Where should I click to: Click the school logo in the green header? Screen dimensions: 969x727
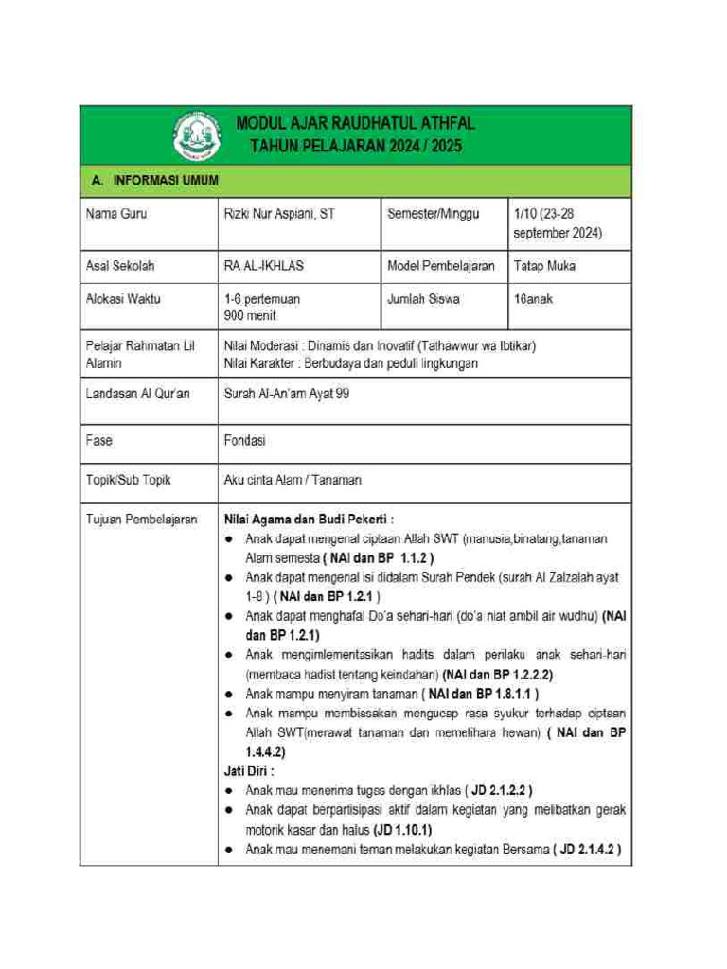pyautogui.click(x=196, y=136)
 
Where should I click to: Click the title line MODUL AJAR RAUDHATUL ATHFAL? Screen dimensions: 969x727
pyautogui.click(x=355, y=124)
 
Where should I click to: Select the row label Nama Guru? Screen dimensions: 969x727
pyautogui.click(x=115, y=214)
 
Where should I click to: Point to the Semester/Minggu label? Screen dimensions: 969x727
pyautogui.click(x=433, y=214)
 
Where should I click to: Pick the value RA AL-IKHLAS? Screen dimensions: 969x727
pyautogui.click(x=263, y=266)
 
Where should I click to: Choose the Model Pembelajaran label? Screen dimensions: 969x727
pyautogui.click(x=440, y=266)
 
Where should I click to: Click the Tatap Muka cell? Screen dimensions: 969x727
pyautogui.click(x=544, y=266)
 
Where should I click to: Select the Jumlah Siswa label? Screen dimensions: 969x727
pyautogui.click(x=423, y=299)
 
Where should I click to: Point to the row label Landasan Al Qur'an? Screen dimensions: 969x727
pyautogui.click(x=137, y=393)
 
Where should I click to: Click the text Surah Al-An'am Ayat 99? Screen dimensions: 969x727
pyautogui.click(x=286, y=393)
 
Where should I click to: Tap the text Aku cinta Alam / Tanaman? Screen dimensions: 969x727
pyautogui.click(x=292, y=480)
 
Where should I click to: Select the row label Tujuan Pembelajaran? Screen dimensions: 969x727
pyautogui.click(x=141, y=519)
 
